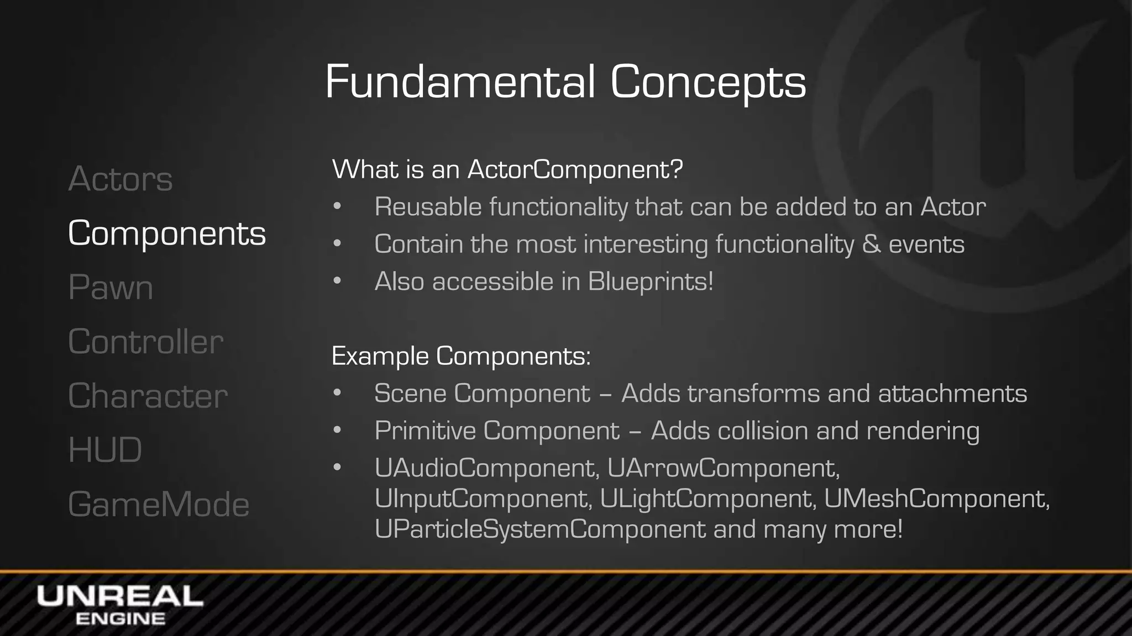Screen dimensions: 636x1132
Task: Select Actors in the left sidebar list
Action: [x=120, y=179]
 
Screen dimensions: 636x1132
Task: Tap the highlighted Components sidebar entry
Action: [x=166, y=233]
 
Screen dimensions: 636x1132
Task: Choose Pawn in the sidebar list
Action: [x=110, y=287]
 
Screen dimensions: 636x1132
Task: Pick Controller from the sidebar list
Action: [x=145, y=341]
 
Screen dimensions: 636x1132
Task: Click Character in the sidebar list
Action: [x=148, y=395]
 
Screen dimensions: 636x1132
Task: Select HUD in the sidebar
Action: [x=104, y=449]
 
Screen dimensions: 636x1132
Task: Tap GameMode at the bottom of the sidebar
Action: [x=159, y=504]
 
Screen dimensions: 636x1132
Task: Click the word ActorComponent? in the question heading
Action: [x=575, y=169]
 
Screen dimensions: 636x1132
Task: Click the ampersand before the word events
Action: [x=871, y=244]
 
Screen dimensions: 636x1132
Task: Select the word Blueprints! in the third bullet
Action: [x=651, y=282]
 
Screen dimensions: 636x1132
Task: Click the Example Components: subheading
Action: [x=461, y=356]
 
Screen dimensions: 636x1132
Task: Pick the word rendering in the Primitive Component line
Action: [x=923, y=431]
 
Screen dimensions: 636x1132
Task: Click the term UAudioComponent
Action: [x=486, y=468]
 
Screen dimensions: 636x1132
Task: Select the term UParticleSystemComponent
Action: [x=540, y=529]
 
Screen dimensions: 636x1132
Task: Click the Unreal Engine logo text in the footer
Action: [x=120, y=605]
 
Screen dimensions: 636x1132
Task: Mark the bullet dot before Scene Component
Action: [x=338, y=393]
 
